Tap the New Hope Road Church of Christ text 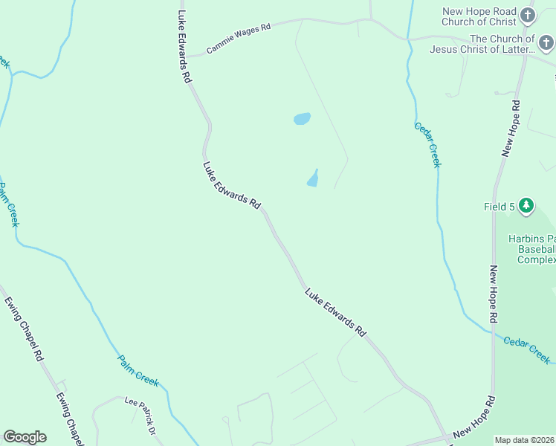pyautogui.click(x=478, y=16)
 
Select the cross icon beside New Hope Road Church pyautogui.click(x=528, y=16)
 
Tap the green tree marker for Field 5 pyautogui.click(x=526, y=205)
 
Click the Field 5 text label pyautogui.click(x=500, y=207)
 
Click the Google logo pyautogui.click(x=25, y=437)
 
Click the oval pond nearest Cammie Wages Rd pyautogui.click(x=302, y=119)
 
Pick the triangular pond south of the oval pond pyautogui.click(x=313, y=179)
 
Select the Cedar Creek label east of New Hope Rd pyautogui.click(x=527, y=350)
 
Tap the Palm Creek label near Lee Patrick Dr pyautogui.click(x=138, y=370)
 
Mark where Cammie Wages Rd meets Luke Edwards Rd pyautogui.click(x=187, y=56)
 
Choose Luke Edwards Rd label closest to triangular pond pyautogui.click(x=232, y=184)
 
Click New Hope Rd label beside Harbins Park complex pyautogui.click(x=493, y=293)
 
